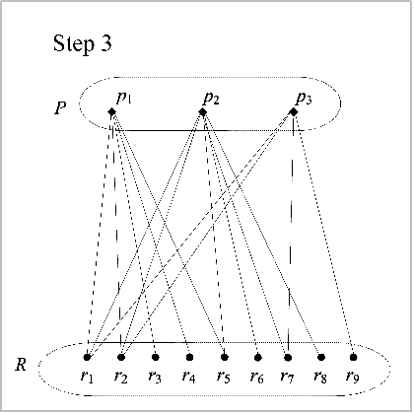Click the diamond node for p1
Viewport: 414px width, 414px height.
pos(111,112)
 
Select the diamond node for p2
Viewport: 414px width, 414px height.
pos(203,112)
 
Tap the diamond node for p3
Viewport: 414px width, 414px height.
pos(294,112)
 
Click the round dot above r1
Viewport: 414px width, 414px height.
pos(87,357)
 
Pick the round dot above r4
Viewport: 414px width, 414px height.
pos(189,357)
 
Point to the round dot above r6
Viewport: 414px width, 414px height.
pos(258,357)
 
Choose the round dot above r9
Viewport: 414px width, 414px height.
pos(353,357)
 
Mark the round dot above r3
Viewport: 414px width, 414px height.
pos(156,357)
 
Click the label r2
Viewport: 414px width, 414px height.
pos(121,377)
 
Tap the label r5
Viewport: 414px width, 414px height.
pos(224,377)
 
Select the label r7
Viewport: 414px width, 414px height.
pos(287,377)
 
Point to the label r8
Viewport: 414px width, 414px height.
pos(320,377)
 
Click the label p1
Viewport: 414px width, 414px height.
pos(123,98)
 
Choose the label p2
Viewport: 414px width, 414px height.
pos(211,99)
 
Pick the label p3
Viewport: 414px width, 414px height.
pos(304,99)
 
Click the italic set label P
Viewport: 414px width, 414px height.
pos(60,107)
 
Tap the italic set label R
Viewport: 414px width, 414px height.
pos(21,365)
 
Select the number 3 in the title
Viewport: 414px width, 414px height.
pos(105,42)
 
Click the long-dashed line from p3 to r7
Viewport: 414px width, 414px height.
pos(291,235)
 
